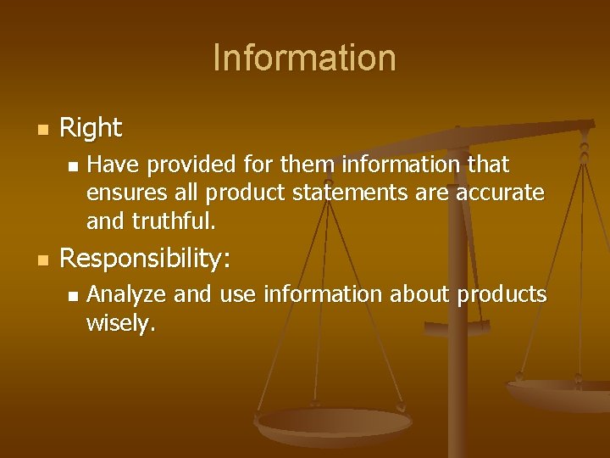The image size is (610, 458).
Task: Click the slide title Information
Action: click(x=304, y=58)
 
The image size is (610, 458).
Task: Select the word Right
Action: click(x=91, y=128)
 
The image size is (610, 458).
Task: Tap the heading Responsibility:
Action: click(x=145, y=259)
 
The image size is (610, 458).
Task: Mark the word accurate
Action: click(x=500, y=193)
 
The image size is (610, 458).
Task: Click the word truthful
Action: click(x=174, y=222)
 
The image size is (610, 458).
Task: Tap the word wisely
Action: click(x=120, y=324)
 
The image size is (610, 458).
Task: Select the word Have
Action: click(x=108, y=163)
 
